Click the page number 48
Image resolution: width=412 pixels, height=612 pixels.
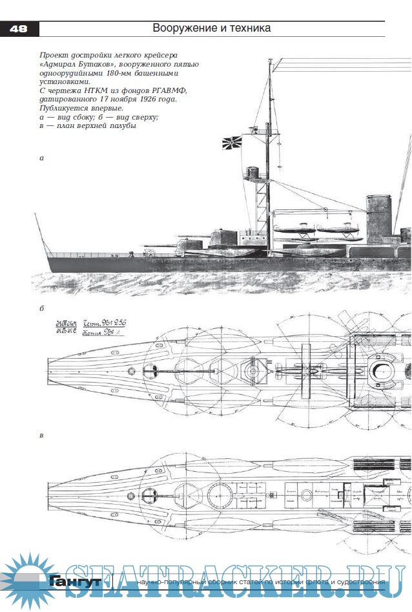click(19, 28)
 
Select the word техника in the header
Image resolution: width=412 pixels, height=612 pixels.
click(248, 28)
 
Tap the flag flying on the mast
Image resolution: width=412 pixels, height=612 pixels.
click(232, 143)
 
